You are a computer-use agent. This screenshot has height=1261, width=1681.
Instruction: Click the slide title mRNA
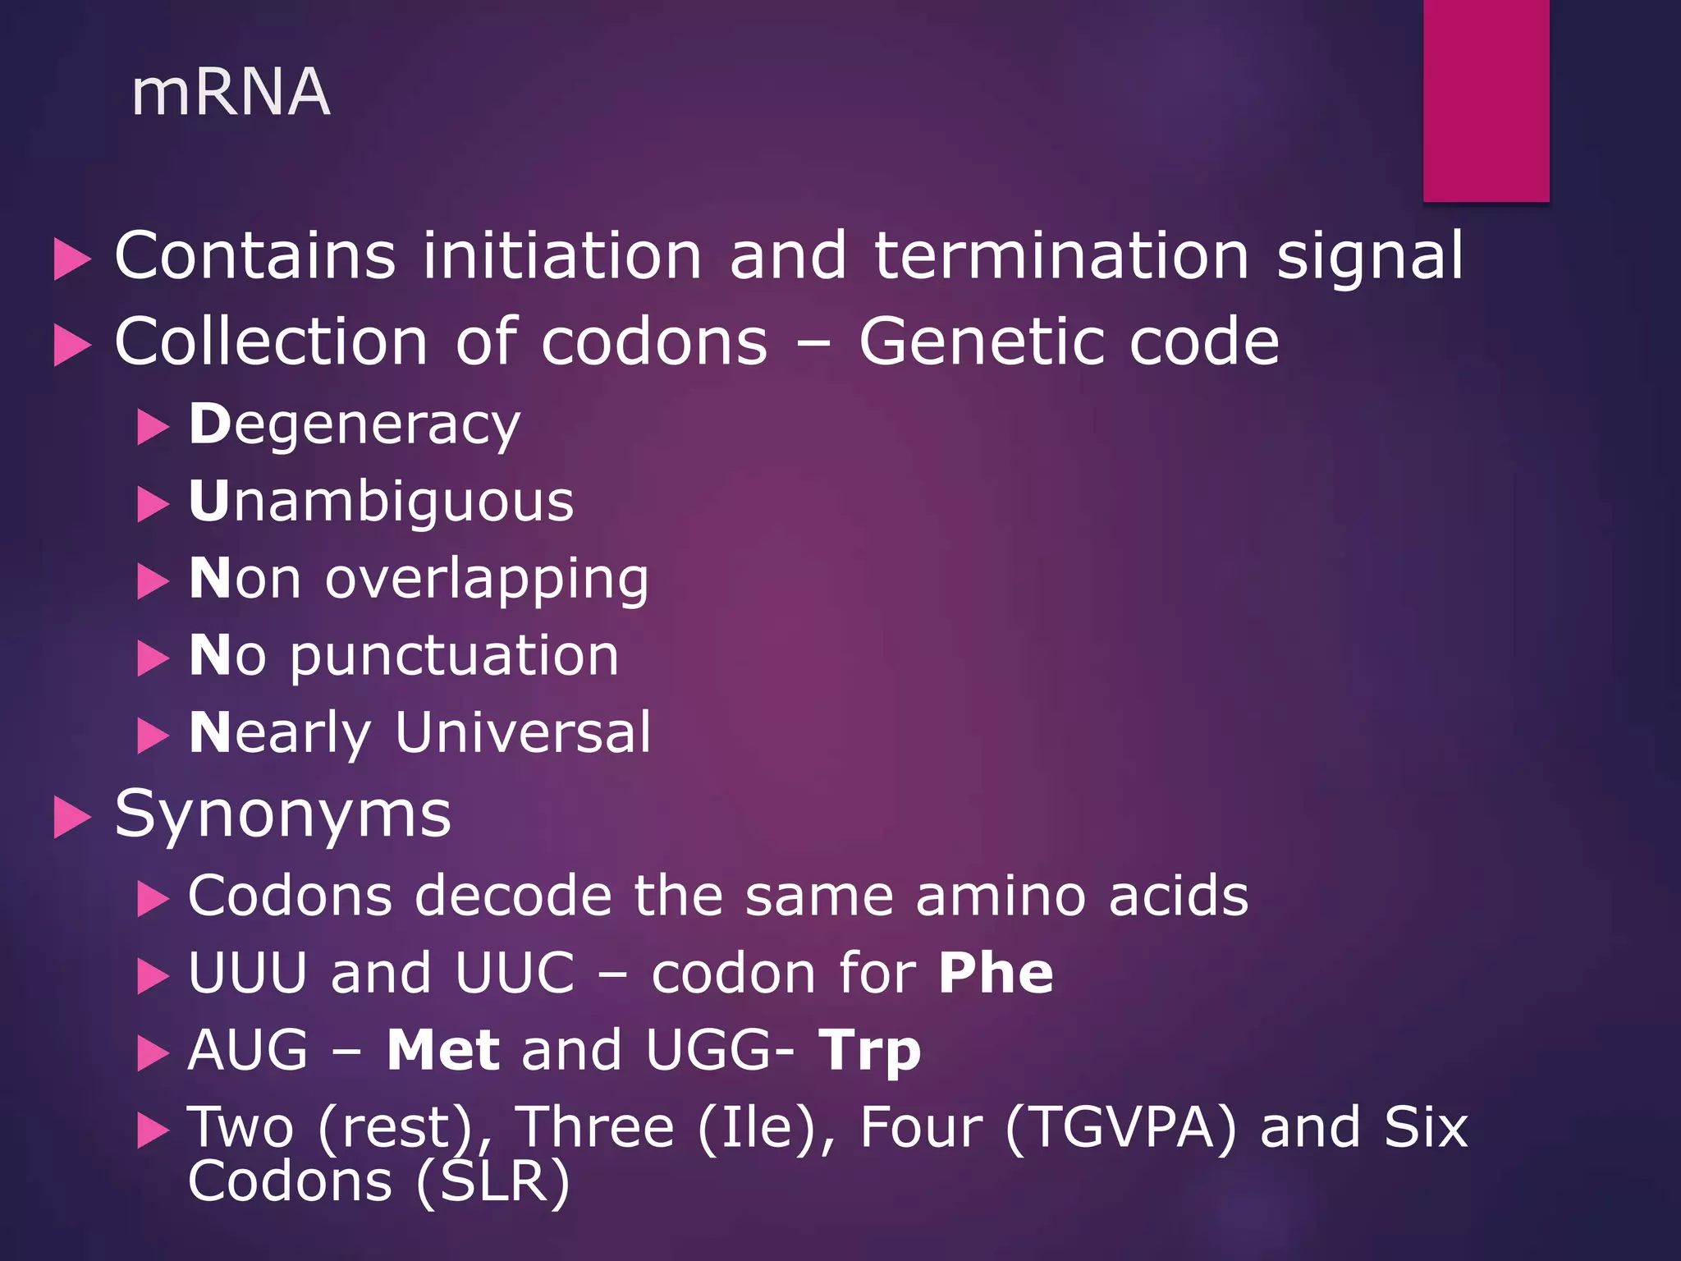231,92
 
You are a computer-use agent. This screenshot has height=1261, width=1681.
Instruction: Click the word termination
1061,255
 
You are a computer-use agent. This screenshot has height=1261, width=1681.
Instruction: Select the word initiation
562,255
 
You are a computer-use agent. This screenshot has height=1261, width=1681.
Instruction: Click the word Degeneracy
355,425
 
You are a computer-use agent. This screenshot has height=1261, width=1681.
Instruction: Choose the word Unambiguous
381,502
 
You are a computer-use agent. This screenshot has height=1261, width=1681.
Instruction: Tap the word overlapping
487,579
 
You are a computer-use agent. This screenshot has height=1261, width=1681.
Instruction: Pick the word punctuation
454,656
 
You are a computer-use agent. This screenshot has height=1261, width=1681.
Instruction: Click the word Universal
523,732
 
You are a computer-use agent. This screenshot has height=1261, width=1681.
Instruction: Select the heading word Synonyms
282,814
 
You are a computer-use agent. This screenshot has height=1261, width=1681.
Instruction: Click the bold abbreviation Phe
996,974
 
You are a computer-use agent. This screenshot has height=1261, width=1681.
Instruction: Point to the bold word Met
443,1050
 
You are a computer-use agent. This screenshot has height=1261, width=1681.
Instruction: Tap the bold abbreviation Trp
869,1052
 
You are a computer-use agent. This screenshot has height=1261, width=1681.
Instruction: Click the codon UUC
515,974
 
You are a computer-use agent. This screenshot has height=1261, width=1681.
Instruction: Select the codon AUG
248,1050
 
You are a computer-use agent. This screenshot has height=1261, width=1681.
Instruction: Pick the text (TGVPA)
1120,1128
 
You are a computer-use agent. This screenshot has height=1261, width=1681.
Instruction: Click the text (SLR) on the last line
492,1182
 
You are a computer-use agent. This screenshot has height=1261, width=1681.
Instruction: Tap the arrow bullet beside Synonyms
72,818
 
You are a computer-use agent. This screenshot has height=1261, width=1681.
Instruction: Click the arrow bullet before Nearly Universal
153,736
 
